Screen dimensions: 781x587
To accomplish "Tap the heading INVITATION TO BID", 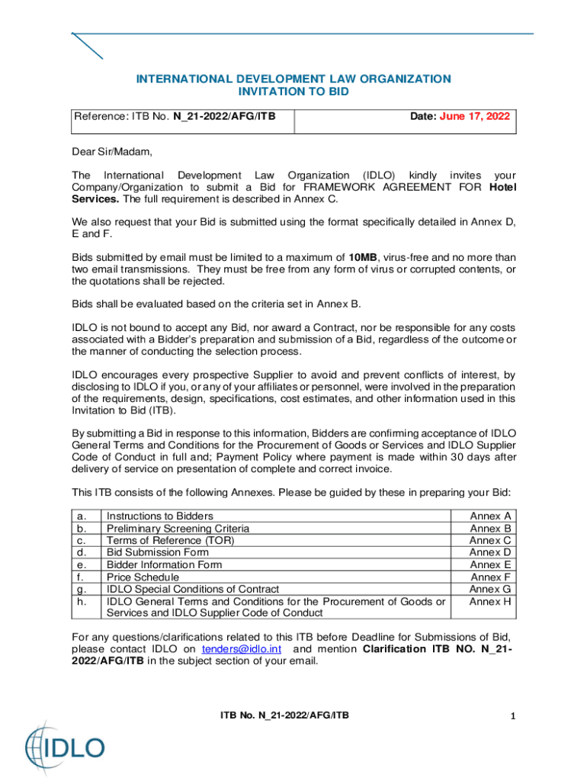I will click(x=293, y=92).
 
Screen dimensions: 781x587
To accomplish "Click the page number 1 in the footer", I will click(x=514, y=716).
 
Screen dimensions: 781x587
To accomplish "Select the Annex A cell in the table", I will click(x=490, y=516).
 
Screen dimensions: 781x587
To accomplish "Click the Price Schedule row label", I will click(x=143, y=577).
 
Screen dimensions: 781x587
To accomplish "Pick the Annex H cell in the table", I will click(x=490, y=601).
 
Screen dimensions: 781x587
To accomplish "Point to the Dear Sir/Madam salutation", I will click(x=107, y=151).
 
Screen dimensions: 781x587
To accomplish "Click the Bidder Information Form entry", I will click(x=165, y=565).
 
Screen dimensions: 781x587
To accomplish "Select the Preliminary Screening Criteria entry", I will click(x=178, y=529).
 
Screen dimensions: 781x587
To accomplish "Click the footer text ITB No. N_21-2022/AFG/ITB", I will click(x=285, y=715).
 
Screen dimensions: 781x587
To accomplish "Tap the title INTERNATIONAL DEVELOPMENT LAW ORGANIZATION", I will click(x=293, y=79).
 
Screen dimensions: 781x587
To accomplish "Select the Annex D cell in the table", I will click(x=490, y=552).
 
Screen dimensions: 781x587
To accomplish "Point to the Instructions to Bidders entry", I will click(x=160, y=516).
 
